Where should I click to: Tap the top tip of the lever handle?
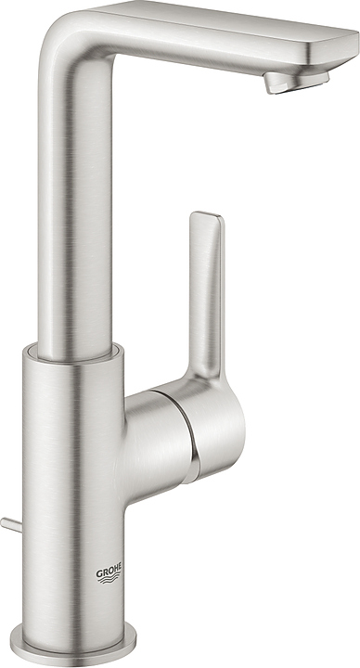pos(206,219)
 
